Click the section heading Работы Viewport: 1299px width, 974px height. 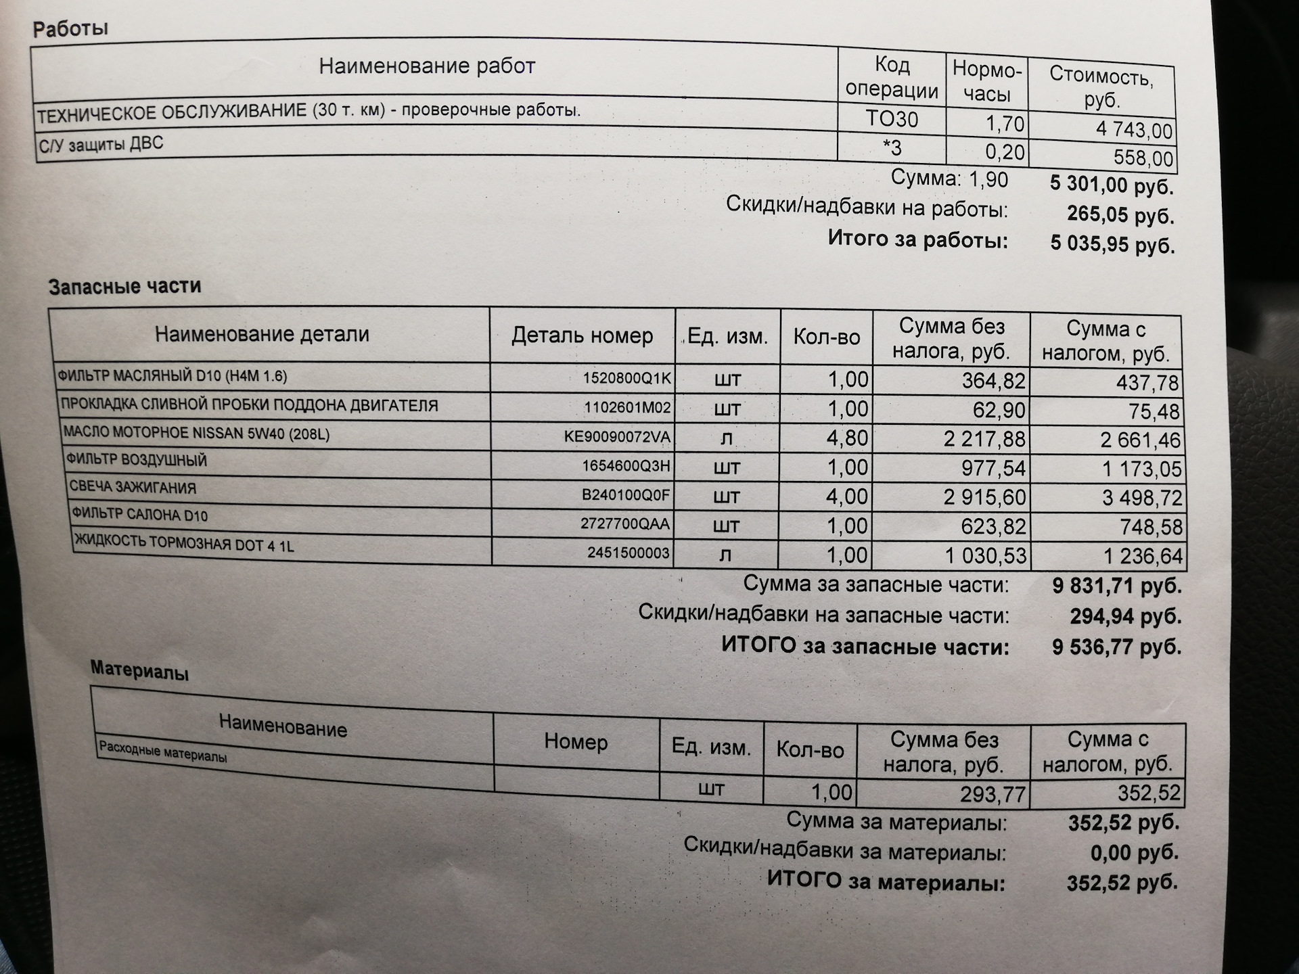point(70,29)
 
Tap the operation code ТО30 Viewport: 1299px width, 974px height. point(892,120)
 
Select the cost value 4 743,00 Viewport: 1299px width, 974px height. point(1134,129)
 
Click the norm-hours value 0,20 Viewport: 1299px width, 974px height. point(1004,152)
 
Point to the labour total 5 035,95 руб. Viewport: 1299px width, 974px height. point(1112,244)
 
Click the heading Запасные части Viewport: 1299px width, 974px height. point(124,287)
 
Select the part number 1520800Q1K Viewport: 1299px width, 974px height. point(626,378)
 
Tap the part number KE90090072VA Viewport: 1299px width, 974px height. point(617,437)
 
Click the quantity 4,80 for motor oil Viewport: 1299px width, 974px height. point(846,438)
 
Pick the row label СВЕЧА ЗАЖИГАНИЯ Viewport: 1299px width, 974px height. point(133,488)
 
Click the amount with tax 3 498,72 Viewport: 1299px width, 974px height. point(1141,498)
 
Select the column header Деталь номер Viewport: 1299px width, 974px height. point(582,335)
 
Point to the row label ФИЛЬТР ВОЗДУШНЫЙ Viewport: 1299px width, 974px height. point(136,460)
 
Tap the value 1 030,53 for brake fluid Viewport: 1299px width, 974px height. point(985,556)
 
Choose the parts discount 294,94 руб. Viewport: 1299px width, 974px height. point(1125,616)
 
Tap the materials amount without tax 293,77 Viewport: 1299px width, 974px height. point(993,794)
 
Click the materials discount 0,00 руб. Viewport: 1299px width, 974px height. point(1134,853)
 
